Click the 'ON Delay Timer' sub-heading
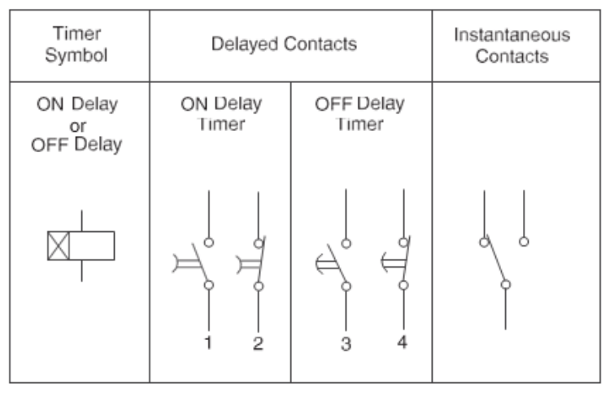pyautogui.click(x=221, y=114)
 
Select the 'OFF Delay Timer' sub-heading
pyautogui.click(x=359, y=114)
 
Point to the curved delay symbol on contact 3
pyautogui.click(x=324, y=262)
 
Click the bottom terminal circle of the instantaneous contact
pyautogui.click(x=505, y=285)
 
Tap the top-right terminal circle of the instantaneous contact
pyautogui.click(x=525, y=241)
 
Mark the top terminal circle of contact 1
pyautogui.click(x=209, y=242)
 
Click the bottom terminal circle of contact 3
pyautogui.click(x=346, y=286)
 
